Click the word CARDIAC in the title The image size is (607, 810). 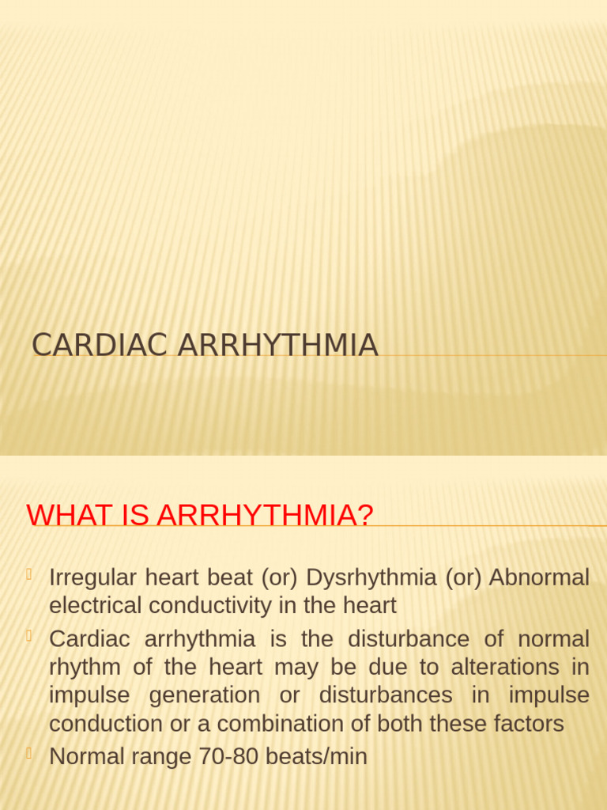point(100,346)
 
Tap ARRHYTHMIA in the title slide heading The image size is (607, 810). point(278,346)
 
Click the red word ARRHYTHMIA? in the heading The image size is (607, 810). point(265,515)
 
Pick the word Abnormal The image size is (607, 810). point(539,577)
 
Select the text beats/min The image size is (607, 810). point(316,756)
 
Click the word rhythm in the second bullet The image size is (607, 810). point(85,667)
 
